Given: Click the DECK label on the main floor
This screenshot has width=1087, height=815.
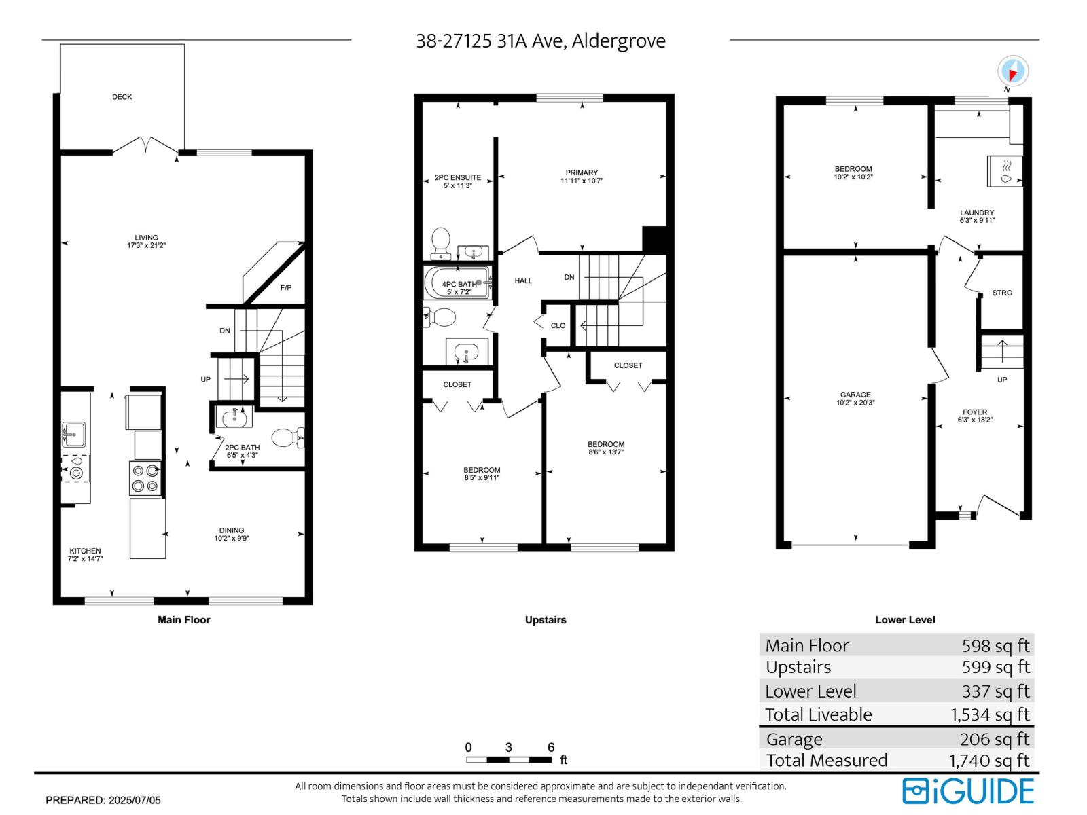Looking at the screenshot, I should (x=122, y=97).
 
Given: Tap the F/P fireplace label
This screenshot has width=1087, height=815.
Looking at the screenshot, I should (x=286, y=288).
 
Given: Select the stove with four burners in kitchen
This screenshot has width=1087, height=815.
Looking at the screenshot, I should (x=145, y=478).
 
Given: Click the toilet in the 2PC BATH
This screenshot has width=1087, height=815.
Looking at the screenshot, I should (x=287, y=437).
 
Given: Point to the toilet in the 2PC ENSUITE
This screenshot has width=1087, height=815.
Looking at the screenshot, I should (x=441, y=243).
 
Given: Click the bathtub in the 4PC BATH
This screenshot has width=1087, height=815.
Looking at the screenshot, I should (x=457, y=283).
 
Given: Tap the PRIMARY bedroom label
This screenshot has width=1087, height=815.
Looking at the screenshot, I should (x=582, y=173).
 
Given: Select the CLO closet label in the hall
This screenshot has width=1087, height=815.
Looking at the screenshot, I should (x=558, y=325).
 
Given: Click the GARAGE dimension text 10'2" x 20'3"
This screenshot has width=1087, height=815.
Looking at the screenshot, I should (x=855, y=403).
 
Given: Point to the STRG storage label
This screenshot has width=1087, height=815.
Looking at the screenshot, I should (x=1002, y=293).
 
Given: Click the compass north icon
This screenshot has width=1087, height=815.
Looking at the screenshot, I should (x=1012, y=71).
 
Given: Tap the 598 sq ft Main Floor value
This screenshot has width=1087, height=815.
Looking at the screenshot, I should (x=995, y=645).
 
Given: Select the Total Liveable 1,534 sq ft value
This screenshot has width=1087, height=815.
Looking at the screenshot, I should (x=990, y=714).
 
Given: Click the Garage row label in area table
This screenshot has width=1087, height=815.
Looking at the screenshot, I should (x=794, y=739).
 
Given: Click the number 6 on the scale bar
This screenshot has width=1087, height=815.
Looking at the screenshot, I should (x=551, y=747).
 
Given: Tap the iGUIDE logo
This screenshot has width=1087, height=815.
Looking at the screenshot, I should (x=968, y=791).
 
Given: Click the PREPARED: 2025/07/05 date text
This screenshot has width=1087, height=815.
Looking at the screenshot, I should (x=103, y=800).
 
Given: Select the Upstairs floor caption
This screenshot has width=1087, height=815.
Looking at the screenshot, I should (x=546, y=619).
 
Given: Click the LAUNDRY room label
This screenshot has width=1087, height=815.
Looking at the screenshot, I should (x=977, y=213).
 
